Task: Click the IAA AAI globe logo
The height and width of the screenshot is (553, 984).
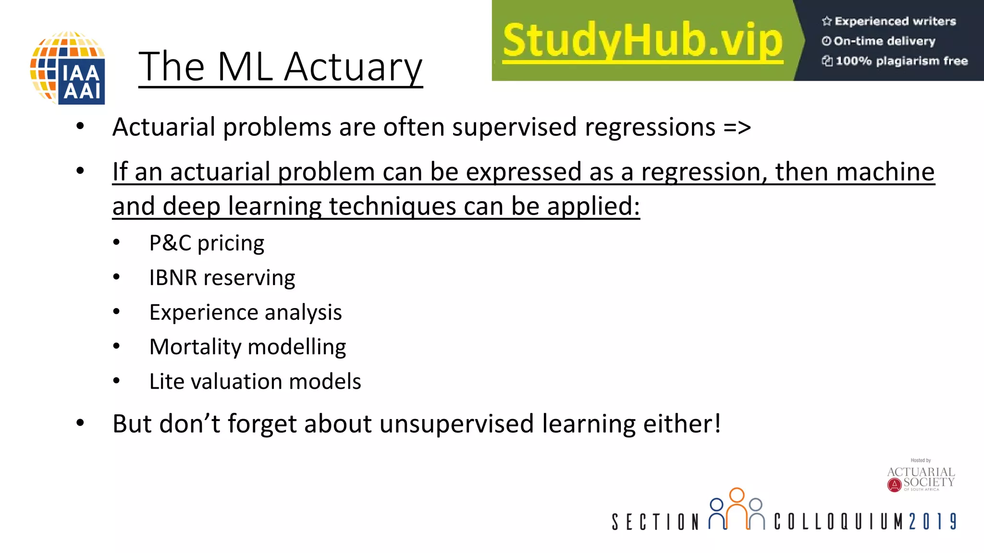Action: click(x=68, y=68)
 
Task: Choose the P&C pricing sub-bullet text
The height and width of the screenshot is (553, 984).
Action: click(x=207, y=243)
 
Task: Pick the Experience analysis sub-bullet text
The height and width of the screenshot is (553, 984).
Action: click(x=246, y=313)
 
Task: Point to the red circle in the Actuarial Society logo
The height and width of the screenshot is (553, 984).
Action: click(x=894, y=485)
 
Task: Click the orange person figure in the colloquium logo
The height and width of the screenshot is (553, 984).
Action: click(x=737, y=506)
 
